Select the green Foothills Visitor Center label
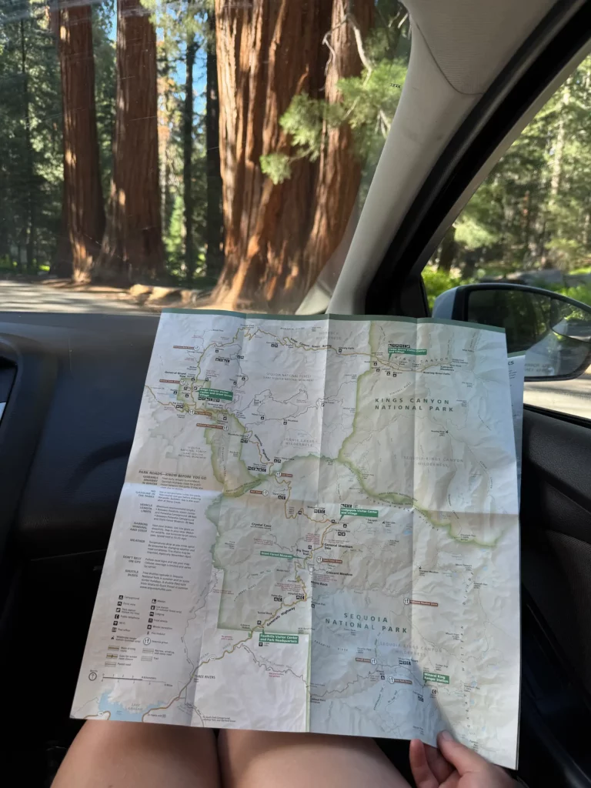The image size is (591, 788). (x=278, y=638)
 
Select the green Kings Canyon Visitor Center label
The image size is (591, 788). (x=215, y=394)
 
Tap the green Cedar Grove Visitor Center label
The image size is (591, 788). (x=407, y=351)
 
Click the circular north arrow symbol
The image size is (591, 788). (x=92, y=676)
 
